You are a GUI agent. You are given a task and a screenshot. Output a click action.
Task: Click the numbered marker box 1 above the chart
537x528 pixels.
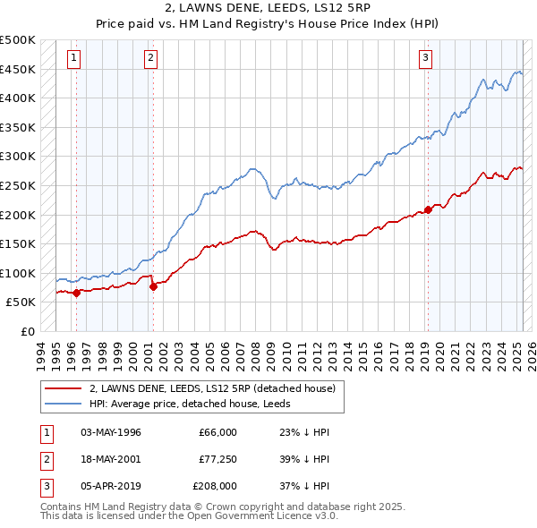click(72, 58)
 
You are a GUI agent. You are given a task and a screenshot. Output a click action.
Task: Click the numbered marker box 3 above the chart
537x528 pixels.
click(425, 58)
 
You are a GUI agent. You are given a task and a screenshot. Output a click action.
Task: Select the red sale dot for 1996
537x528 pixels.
click(77, 292)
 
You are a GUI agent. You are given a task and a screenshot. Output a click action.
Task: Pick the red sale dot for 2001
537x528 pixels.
click(154, 286)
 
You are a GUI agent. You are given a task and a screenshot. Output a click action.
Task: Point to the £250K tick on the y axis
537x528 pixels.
click(18, 185)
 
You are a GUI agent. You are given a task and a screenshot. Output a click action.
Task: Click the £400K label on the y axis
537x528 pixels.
click(18, 98)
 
